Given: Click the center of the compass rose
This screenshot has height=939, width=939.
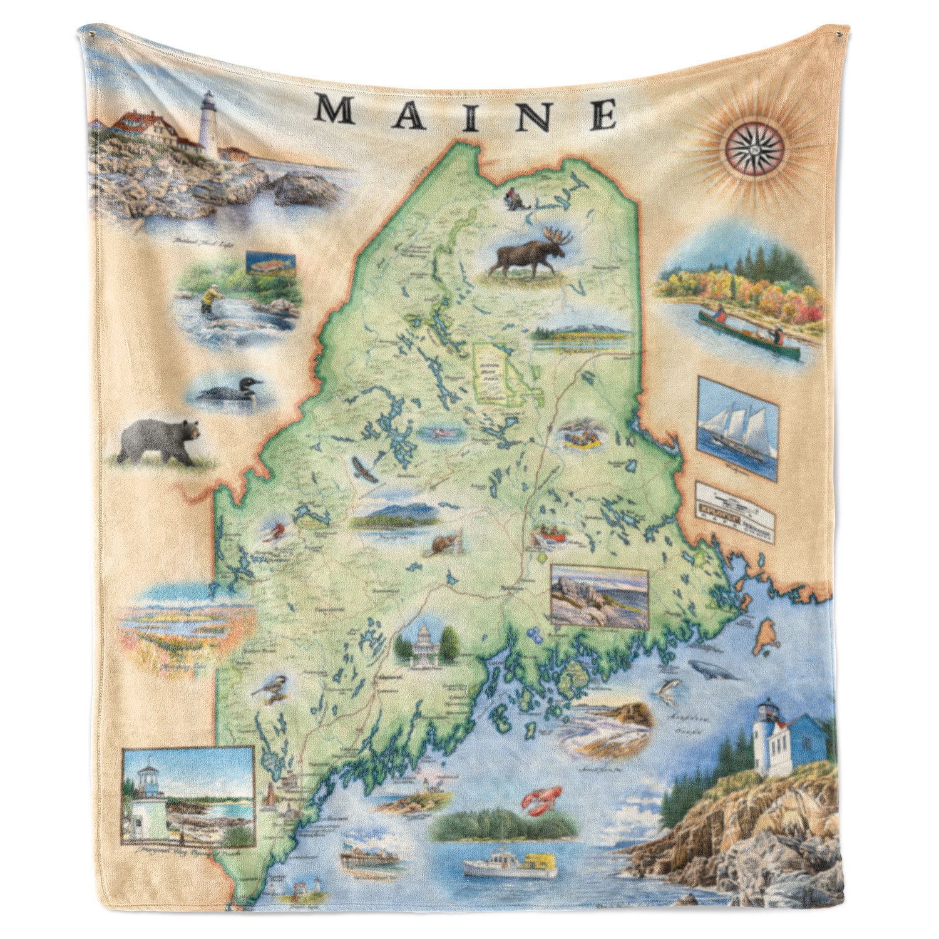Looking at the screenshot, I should [x=754, y=148].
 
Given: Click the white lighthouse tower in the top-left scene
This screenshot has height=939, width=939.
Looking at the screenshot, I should [x=208, y=124].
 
